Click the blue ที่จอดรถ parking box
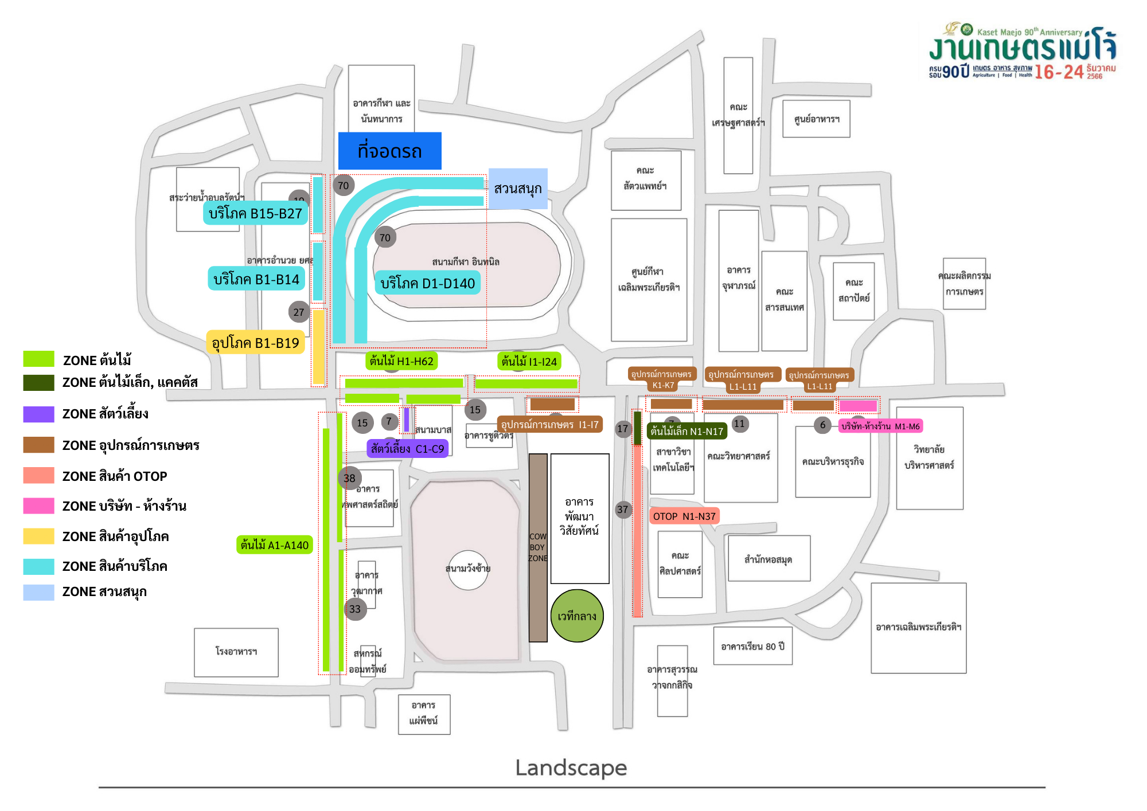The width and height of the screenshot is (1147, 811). pos(389,151)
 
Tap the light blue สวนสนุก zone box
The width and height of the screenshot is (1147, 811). pos(518,189)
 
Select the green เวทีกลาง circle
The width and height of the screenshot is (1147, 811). pos(577,616)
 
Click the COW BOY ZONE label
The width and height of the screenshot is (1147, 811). pos(538,547)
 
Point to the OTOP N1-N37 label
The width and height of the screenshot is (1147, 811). pos(684,516)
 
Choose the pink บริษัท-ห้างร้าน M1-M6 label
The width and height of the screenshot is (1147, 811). pos(880,426)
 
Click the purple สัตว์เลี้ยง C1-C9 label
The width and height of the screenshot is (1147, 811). pos(407,449)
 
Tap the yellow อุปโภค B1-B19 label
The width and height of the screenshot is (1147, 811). pos(255,343)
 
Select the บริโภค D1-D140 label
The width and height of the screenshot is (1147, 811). pos(427,283)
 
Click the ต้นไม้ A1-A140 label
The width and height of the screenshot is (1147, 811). pos(274,545)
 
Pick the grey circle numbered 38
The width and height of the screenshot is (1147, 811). pos(349,478)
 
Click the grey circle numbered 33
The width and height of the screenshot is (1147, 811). pos(355,609)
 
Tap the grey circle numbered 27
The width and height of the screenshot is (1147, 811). pos(299,312)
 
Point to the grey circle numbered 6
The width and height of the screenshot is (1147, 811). pos(822,425)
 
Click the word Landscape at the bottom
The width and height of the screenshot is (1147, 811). pos(571,767)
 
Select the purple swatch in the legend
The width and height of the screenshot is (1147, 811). pos(38,414)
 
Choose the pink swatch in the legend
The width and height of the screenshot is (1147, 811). pos(38,506)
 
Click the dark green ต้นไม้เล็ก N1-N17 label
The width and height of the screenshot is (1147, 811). pos(686,431)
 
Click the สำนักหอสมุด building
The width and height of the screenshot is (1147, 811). pos(768,559)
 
